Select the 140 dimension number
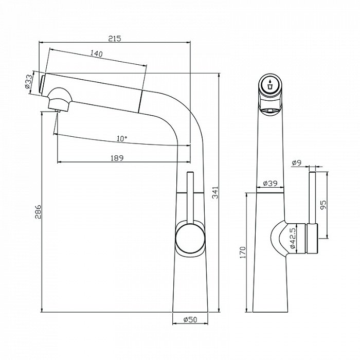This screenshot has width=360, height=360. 96,53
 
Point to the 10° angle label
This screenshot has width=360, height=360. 121,138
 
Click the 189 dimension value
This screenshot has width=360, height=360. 117,158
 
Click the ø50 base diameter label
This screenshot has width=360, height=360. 190,320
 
